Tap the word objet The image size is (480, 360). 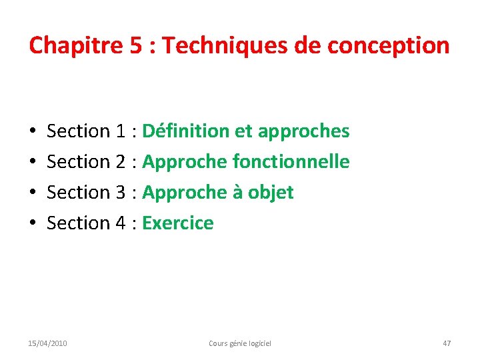point(271,193)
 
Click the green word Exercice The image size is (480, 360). point(178,223)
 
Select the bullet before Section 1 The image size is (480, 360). point(33,132)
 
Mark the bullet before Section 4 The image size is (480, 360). point(33,223)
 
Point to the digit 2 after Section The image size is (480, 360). point(121,161)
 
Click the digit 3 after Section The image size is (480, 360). point(121,192)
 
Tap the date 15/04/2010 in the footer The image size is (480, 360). point(47,343)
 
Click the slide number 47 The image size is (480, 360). point(447,343)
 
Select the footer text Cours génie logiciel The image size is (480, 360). point(240,343)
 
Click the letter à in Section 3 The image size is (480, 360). point(237,192)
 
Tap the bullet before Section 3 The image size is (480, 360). point(33,193)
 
